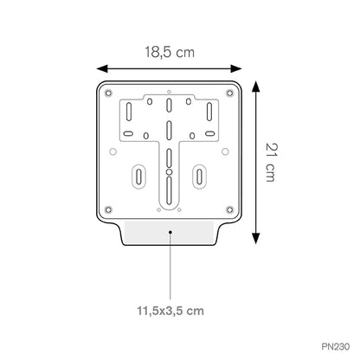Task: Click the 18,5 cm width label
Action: point(170,53)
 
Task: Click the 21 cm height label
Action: point(271,163)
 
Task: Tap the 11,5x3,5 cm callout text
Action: point(170,311)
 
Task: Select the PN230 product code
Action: point(335,346)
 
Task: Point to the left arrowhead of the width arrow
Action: point(102,68)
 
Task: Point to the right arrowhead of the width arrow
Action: point(236,68)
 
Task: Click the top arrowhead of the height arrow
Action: point(255,87)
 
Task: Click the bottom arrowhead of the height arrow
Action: point(255,239)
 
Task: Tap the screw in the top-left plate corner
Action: point(108,93)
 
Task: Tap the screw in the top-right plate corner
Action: point(229,93)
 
